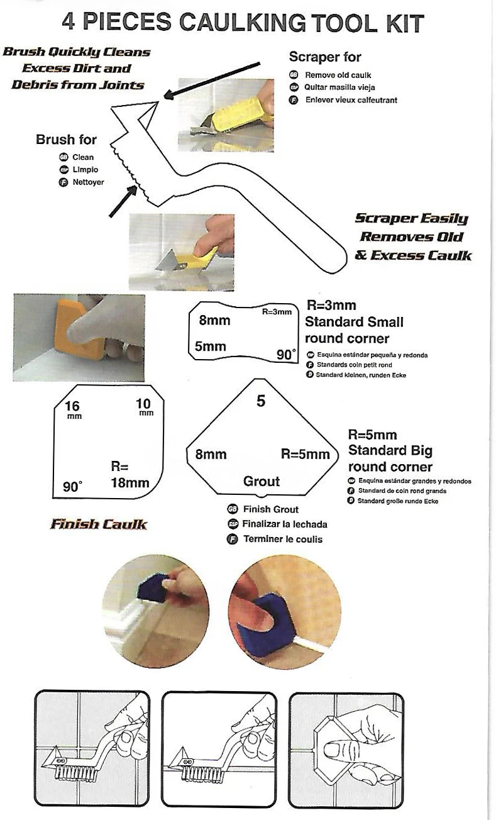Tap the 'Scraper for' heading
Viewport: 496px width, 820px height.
(324, 57)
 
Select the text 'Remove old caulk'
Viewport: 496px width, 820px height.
(338, 75)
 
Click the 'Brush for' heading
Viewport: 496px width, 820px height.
(66, 140)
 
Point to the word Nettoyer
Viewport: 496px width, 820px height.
(88, 182)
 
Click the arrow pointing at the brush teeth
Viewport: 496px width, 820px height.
(123, 201)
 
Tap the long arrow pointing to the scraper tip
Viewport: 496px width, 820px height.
(212, 80)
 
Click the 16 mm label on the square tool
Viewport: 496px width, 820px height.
(73, 409)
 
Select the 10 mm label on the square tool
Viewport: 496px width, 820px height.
(144, 407)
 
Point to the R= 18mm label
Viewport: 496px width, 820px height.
(130, 475)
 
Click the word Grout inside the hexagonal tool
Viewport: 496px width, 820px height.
(262, 481)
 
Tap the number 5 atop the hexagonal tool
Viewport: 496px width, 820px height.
(261, 401)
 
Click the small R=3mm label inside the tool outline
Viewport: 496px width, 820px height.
(277, 312)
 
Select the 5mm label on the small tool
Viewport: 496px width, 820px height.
(210, 346)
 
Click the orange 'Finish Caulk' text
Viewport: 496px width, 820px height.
(99, 524)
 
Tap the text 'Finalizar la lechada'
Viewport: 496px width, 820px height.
(284, 524)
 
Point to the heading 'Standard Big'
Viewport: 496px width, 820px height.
(390, 451)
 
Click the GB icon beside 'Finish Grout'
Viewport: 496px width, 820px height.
(233, 509)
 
